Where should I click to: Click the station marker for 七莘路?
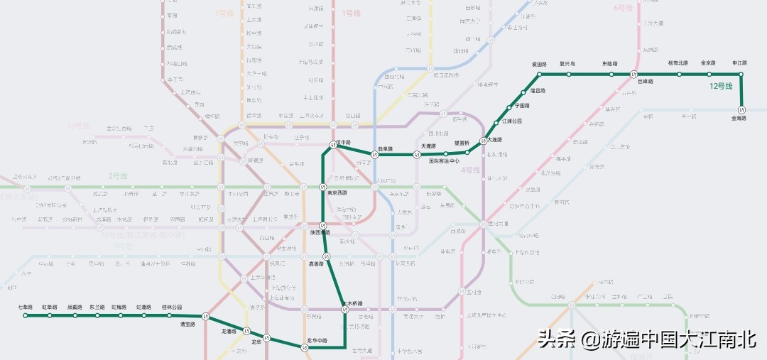pyautogui.click(x=26, y=315)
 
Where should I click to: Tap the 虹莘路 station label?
pyautogui.click(x=50, y=307)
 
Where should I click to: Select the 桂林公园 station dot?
pyautogui.click(x=171, y=315)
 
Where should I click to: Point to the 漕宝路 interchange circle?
pyautogui.click(x=205, y=316)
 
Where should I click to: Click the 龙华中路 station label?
pyautogui.click(x=317, y=341)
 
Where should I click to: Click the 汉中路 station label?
pyautogui.click(x=343, y=142)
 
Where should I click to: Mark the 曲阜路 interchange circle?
pyautogui.click(x=375, y=155)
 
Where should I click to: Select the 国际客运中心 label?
pyautogui.click(x=445, y=161)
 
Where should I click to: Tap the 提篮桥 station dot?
pyautogui.click(x=446, y=153)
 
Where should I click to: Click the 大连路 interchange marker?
pyautogui.click(x=483, y=140)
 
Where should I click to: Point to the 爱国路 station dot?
pyautogui.click(x=539, y=74)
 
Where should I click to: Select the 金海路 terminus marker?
pyautogui.click(x=741, y=110)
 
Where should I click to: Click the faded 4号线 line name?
pyautogui.click(x=471, y=170)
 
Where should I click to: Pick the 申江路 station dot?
pyautogui.click(x=741, y=74)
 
